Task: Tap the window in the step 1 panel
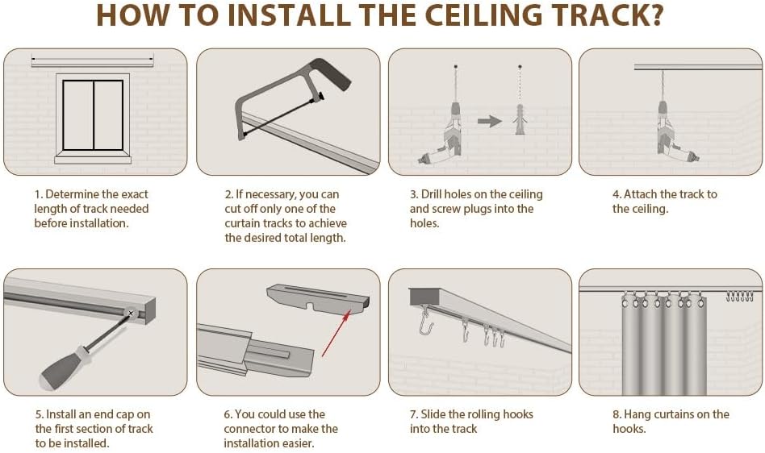click(93, 115)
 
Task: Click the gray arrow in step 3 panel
click(489, 121)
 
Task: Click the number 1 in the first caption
click(37, 194)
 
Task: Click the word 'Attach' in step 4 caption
click(641, 194)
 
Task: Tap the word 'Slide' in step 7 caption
click(434, 414)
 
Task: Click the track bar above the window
click(91, 61)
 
